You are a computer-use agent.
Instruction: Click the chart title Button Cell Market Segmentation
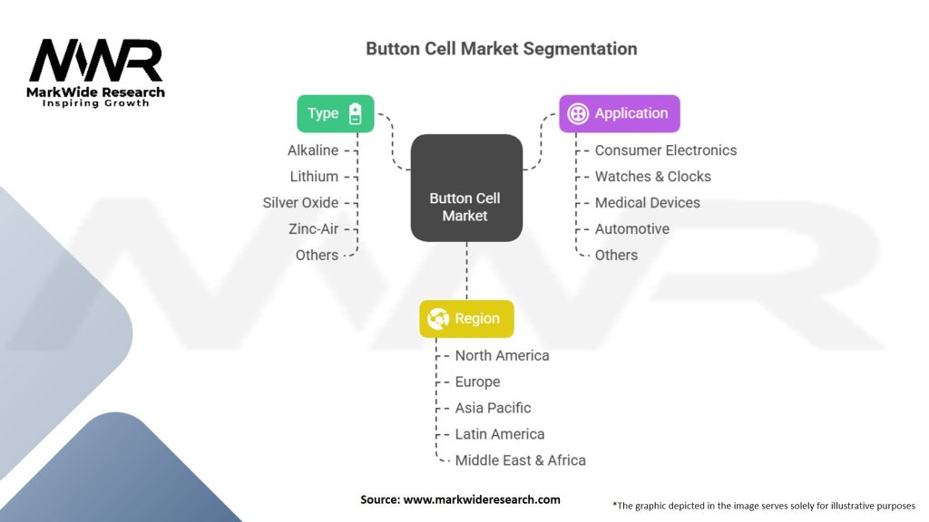(501, 49)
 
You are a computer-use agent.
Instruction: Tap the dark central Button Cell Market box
(465, 188)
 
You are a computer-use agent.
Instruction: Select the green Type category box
(335, 113)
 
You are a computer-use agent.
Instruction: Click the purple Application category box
(619, 113)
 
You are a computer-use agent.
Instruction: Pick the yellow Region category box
(465, 318)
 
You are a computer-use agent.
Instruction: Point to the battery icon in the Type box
(356, 113)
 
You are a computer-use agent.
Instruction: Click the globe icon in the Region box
(439, 318)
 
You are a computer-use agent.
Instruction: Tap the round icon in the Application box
(578, 113)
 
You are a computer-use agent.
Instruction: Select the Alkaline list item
(313, 150)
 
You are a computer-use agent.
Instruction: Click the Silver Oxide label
(300, 202)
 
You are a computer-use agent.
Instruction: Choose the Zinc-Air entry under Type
(313, 228)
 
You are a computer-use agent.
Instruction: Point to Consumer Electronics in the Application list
(666, 150)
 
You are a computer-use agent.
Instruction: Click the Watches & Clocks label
(652, 177)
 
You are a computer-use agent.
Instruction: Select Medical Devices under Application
(647, 202)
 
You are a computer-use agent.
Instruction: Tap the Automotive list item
(631, 228)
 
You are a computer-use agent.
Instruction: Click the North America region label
(502, 355)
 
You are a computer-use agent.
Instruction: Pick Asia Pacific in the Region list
(493, 408)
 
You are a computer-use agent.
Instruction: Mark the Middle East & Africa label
(520, 460)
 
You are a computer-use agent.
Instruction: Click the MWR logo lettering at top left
(96, 62)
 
